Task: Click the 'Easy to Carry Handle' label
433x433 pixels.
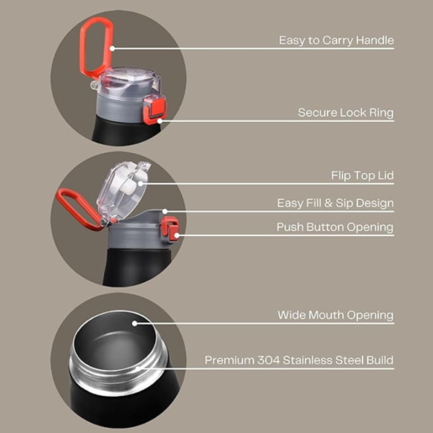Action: (x=336, y=40)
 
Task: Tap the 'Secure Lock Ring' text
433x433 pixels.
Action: (x=346, y=113)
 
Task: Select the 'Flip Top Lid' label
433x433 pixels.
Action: (x=362, y=175)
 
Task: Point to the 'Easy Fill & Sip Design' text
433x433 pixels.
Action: (x=335, y=203)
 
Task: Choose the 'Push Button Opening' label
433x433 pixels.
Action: (x=335, y=227)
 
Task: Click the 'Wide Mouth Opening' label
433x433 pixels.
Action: (x=336, y=315)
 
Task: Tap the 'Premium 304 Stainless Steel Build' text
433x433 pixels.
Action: (x=299, y=359)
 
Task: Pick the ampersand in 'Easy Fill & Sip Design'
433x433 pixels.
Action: (x=325, y=203)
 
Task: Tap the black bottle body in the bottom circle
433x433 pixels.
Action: (x=119, y=401)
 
